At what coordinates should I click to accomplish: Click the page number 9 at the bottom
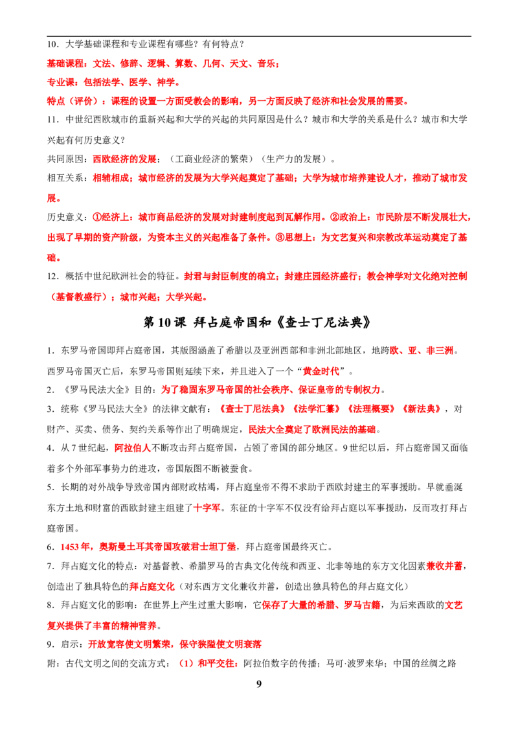(x=259, y=684)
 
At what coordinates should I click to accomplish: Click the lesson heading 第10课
(x=164, y=322)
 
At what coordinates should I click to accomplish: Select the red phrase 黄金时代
(x=321, y=371)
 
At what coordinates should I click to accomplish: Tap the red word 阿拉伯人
(x=133, y=448)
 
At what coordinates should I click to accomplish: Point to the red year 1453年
(x=75, y=547)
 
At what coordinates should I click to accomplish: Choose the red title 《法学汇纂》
(x=316, y=409)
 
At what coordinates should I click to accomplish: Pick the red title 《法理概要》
(x=371, y=409)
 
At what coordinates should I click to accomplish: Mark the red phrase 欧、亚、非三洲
(x=422, y=350)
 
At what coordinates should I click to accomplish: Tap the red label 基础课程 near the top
(x=65, y=63)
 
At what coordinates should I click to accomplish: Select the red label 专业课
(x=60, y=82)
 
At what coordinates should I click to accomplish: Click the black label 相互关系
(x=65, y=178)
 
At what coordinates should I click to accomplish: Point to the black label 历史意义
(x=65, y=218)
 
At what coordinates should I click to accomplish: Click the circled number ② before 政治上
(x=335, y=218)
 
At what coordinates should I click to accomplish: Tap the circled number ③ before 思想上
(x=280, y=238)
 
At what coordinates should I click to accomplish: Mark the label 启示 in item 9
(x=70, y=644)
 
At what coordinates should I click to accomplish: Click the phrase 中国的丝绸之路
(x=425, y=663)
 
